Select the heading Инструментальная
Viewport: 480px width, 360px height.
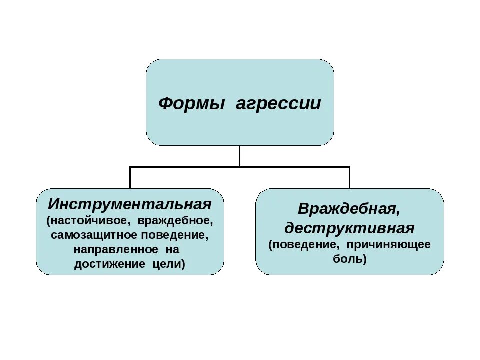(x=130, y=204)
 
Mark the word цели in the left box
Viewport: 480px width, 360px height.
(x=168, y=264)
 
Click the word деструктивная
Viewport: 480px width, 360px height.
(x=349, y=228)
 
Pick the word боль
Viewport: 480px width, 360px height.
(x=349, y=259)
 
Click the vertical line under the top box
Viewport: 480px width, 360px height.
(x=239, y=156)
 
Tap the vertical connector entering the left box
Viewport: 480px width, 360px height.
(x=130, y=178)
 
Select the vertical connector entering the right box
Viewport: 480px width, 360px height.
(x=349, y=178)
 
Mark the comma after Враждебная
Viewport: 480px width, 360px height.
(x=398, y=214)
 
